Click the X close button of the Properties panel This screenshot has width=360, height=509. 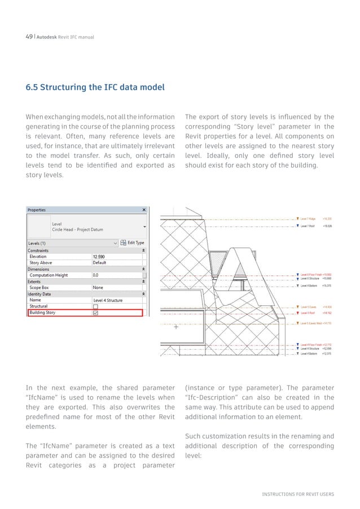tap(144, 209)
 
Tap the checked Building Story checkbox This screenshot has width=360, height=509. tap(95, 313)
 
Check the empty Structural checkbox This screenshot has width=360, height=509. tap(95, 306)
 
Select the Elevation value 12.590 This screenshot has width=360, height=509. tap(100, 256)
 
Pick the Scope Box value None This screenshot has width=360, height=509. tap(98, 287)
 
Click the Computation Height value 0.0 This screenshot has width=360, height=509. tap(96, 275)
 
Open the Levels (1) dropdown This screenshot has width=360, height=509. tap(116, 243)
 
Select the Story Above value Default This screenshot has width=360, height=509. tap(100, 262)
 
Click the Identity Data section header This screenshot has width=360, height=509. tap(39, 294)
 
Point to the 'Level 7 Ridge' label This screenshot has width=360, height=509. tap(310, 218)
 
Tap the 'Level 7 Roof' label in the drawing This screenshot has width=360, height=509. tap(309, 226)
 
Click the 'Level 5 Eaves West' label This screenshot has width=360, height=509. tap(311, 323)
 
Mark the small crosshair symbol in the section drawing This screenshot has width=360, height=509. tap(176, 327)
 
